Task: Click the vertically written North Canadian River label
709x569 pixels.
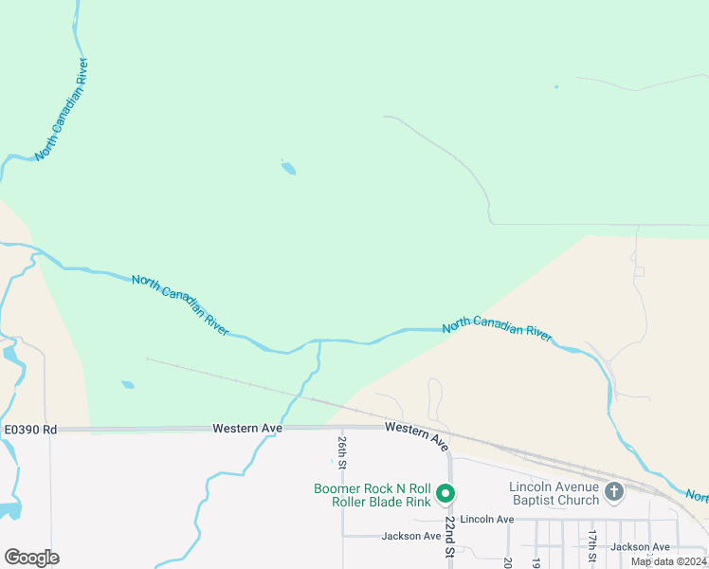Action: coord(63,109)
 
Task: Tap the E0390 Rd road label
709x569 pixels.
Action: coord(30,430)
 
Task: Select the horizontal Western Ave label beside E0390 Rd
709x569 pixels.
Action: coord(247,429)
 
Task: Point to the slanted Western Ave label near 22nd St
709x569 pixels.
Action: coord(418,436)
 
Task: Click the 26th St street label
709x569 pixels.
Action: coord(342,453)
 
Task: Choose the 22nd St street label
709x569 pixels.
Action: coord(450,536)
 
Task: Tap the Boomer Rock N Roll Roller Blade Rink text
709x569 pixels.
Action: coord(373,495)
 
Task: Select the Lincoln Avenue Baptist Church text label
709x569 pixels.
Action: coord(554,493)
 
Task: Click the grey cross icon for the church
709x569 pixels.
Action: coord(613,491)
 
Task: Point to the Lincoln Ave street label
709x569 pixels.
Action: coord(487,520)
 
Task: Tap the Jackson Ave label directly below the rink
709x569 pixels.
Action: coord(411,537)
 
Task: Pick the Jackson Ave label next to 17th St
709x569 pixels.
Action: coord(640,547)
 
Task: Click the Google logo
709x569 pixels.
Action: coord(31,558)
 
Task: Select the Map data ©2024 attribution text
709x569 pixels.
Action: coord(668,561)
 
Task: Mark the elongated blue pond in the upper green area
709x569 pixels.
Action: coord(288,169)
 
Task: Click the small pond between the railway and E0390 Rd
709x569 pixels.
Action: coord(127,385)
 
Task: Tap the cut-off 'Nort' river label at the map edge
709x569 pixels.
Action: coord(697,496)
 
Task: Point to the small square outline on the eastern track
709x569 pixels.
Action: coord(639,271)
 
